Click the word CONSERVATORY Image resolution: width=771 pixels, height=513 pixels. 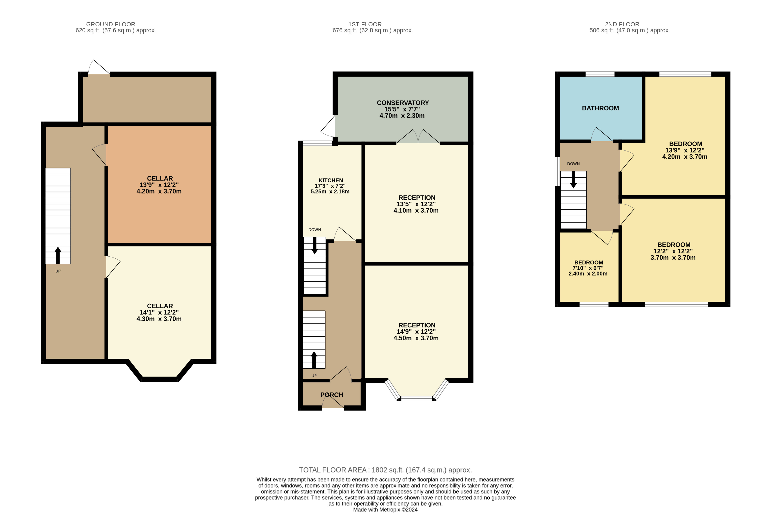pos(403,103)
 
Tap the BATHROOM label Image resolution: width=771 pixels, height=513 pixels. pos(600,108)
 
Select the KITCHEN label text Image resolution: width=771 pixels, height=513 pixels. pos(331,180)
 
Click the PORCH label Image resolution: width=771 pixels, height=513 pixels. pos(332,395)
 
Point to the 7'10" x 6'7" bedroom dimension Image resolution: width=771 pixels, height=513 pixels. pos(588,268)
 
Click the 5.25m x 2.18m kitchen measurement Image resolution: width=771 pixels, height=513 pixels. pos(330,191)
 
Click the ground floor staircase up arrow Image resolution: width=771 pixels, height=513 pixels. pos(58,255)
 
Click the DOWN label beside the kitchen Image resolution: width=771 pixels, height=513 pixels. pos(314,230)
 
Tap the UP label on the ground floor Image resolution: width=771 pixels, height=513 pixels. pos(58,271)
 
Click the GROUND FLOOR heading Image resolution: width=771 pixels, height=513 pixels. pos(111,24)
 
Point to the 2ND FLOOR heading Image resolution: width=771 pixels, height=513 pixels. pos(622,24)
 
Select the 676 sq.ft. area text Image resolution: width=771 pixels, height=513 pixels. pos(373,30)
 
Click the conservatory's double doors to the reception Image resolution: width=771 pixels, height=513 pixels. pos(418,137)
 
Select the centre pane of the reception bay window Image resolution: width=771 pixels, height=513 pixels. pos(417,398)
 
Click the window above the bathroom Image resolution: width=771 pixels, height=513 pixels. pos(600,74)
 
